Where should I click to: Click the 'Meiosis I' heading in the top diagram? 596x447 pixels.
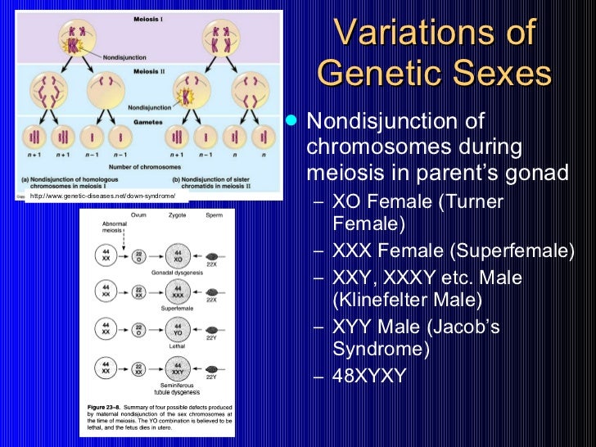click(x=148, y=16)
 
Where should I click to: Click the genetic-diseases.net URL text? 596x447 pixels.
click(x=103, y=196)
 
